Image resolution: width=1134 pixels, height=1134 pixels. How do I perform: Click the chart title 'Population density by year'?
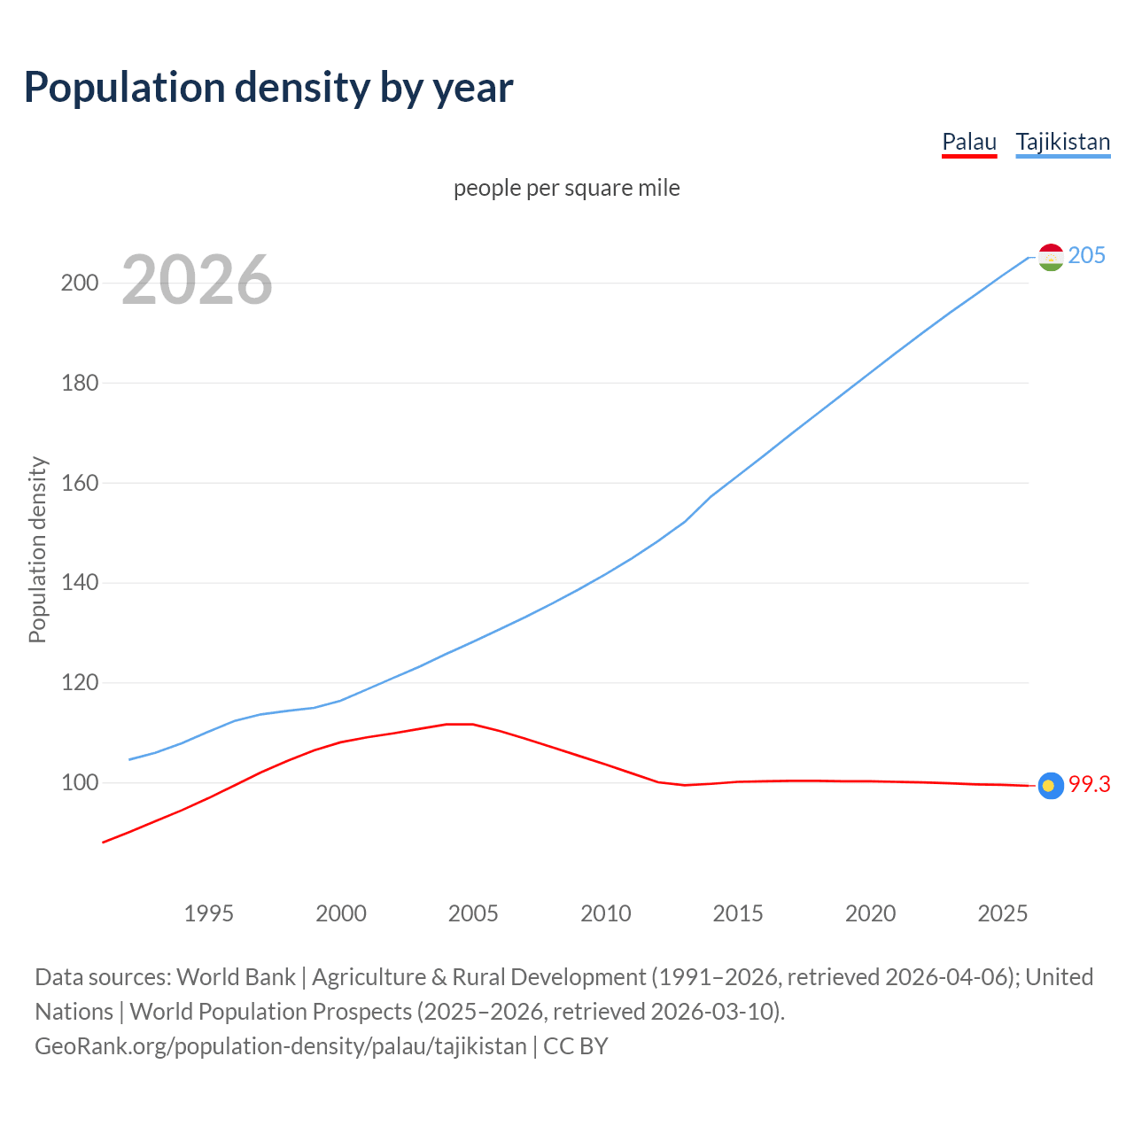point(268,88)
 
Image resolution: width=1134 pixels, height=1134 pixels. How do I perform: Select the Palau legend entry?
point(968,142)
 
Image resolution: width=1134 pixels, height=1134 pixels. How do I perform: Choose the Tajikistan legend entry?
point(1062,142)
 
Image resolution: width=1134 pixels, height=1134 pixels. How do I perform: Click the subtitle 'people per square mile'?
point(566,188)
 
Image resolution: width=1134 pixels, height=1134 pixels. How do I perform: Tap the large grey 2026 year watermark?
point(197,280)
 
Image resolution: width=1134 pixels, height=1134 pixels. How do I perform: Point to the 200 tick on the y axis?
point(79,283)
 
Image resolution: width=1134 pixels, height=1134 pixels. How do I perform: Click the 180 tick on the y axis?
point(79,384)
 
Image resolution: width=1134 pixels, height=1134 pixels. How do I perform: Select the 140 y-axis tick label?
point(79,583)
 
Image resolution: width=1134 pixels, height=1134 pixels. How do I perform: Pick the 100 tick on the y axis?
point(79,783)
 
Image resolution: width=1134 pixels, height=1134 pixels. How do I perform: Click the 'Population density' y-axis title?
point(37,549)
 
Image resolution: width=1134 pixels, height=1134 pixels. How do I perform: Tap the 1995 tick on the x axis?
point(208,913)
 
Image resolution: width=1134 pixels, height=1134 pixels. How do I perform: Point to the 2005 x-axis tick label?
point(473,913)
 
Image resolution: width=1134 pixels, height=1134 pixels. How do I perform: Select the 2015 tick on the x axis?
point(738,913)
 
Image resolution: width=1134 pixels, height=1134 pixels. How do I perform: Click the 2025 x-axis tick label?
point(1002,913)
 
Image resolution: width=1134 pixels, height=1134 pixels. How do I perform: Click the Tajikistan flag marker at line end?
point(1051,257)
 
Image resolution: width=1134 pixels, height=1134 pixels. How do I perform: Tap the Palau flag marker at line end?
point(1051,785)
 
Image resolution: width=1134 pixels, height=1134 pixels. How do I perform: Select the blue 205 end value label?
point(1086,256)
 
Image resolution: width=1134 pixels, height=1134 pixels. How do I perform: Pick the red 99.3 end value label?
point(1089,785)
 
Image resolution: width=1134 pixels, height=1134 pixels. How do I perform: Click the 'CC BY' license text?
point(576,1046)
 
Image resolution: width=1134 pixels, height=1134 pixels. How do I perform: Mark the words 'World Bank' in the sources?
point(236,977)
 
